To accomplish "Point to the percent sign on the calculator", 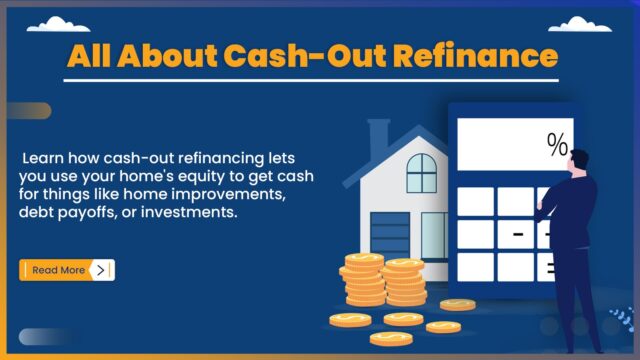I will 556,146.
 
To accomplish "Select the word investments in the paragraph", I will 190,212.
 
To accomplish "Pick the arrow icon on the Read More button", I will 101,270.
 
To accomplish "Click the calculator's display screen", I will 516,145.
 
